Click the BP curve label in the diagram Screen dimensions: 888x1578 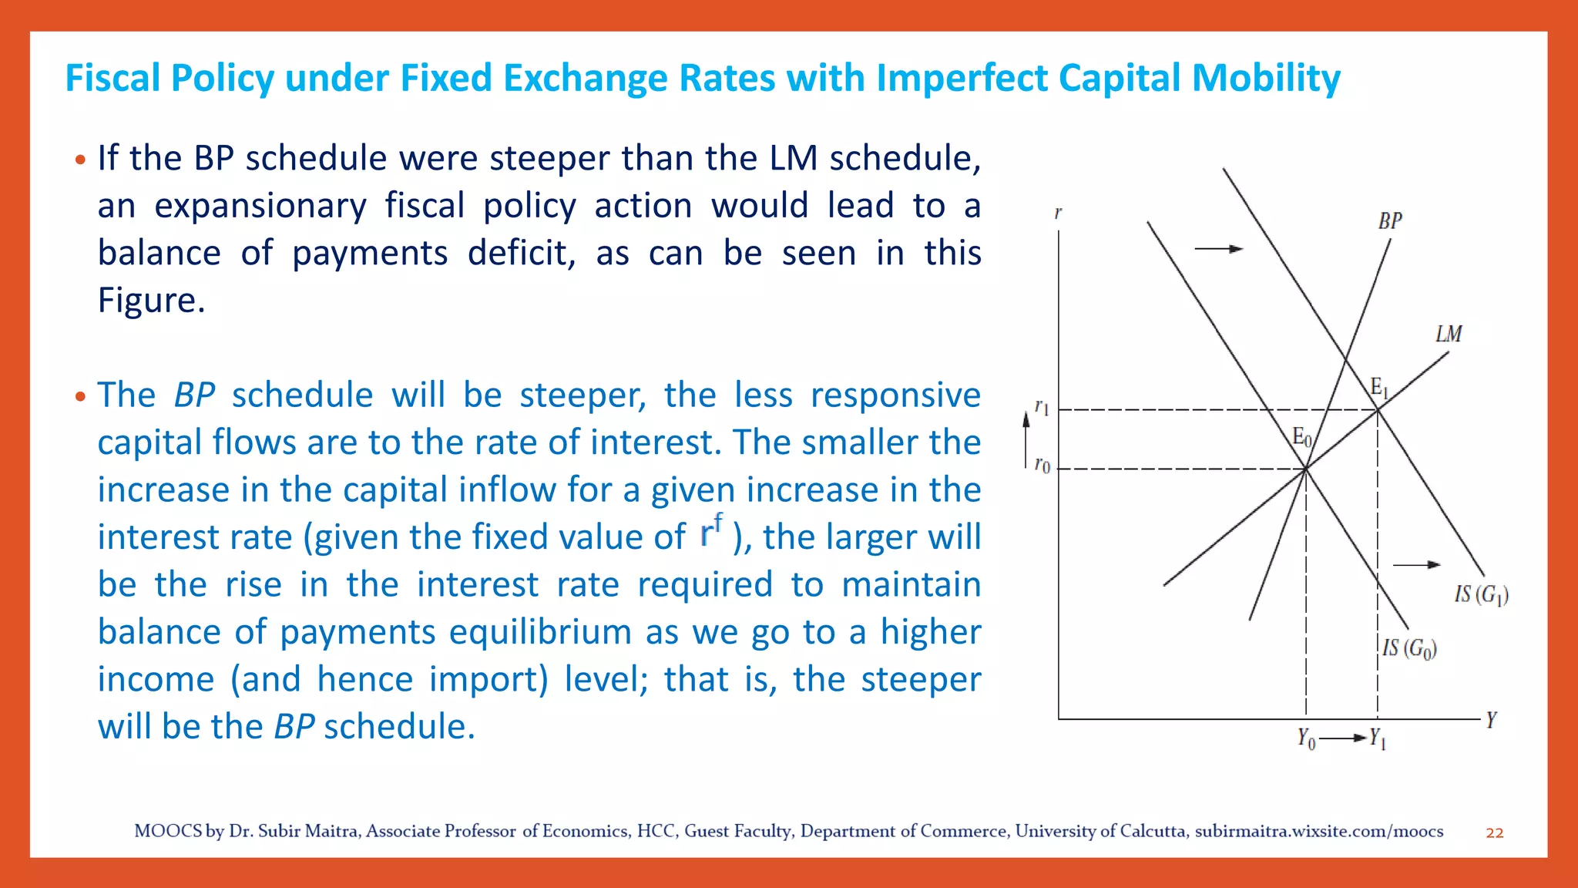coord(1390,221)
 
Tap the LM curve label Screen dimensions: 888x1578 coord(1449,334)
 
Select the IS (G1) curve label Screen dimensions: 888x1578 coord(1481,594)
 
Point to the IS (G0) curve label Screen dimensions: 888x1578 coord(1409,648)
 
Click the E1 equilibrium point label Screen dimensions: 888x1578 coord(1379,388)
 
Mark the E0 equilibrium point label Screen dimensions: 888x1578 coord(1301,438)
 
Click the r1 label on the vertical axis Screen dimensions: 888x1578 coord(1042,407)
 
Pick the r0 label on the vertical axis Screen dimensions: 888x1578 coord(1042,466)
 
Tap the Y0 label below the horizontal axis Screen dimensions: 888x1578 coord(1306,738)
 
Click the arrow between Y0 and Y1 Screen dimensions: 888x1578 coord(1342,738)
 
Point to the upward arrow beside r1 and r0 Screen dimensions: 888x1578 coord(1026,439)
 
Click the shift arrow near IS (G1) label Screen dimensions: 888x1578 coord(1416,565)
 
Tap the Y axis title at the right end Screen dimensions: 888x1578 coord(1492,720)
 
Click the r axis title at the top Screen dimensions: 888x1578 coord(1059,212)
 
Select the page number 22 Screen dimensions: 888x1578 coord(1495,832)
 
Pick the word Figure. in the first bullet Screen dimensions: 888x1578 coord(151,300)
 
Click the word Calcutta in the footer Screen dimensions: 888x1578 coord(1153,831)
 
